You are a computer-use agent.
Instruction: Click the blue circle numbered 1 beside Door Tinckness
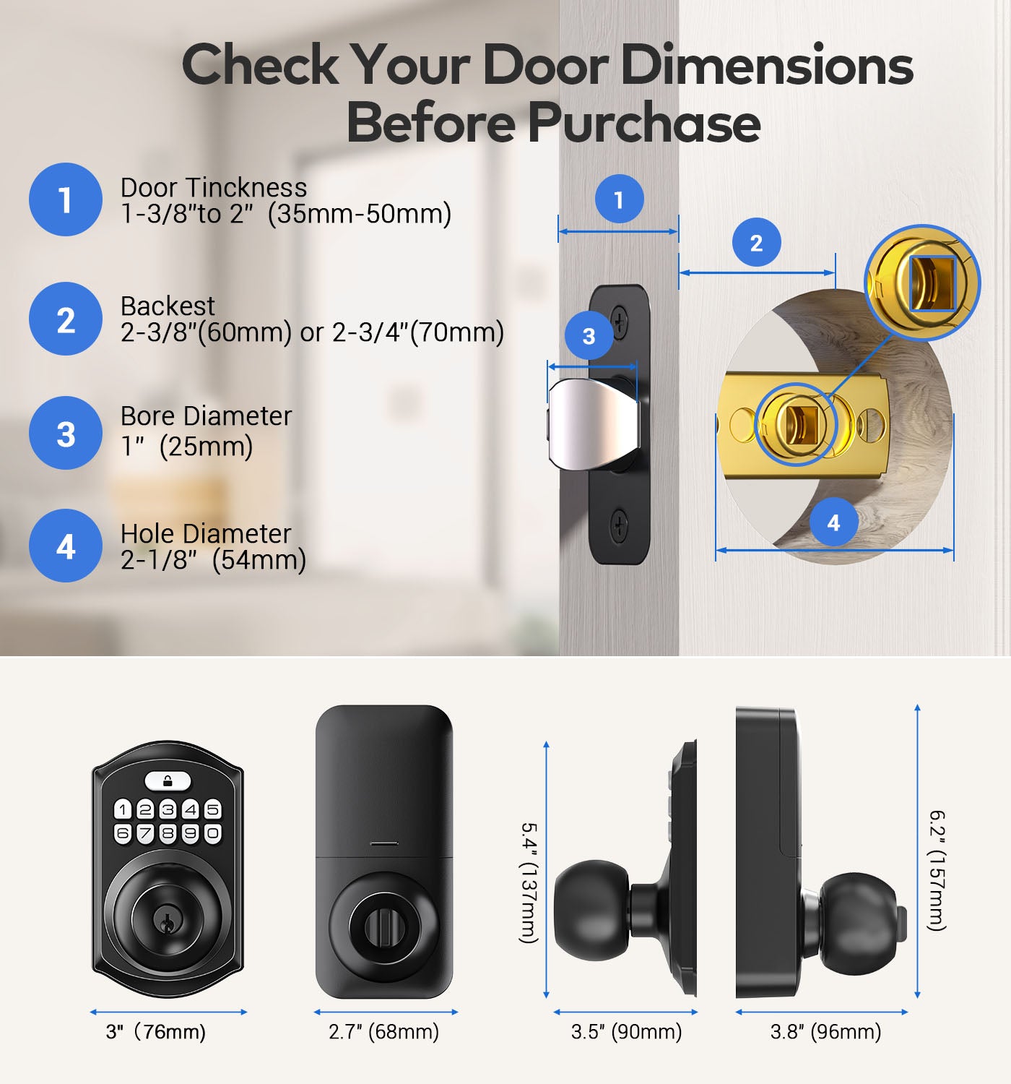coord(66,199)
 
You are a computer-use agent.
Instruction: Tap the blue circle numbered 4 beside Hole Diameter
coord(66,546)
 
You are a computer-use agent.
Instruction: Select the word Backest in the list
coord(168,306)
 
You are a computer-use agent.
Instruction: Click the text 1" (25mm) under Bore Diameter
coord(186,446)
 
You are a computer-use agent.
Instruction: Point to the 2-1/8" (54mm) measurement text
coord(213,559)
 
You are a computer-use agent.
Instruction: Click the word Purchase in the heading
coord(644,123)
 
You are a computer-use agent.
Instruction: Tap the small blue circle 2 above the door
coord(756,242)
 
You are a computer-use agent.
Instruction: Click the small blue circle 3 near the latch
coord(589,336)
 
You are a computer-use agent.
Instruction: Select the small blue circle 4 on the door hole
coord(833,522)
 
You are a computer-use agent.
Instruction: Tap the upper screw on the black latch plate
coord(620,322)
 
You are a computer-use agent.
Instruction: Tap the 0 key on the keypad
coord(212,833)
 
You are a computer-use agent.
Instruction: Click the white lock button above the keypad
coord(168,782)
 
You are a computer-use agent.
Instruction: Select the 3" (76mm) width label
coord(155,1031)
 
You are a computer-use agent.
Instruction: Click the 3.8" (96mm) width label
coord(825,1031)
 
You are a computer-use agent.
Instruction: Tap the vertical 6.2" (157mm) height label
coord(937,870)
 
